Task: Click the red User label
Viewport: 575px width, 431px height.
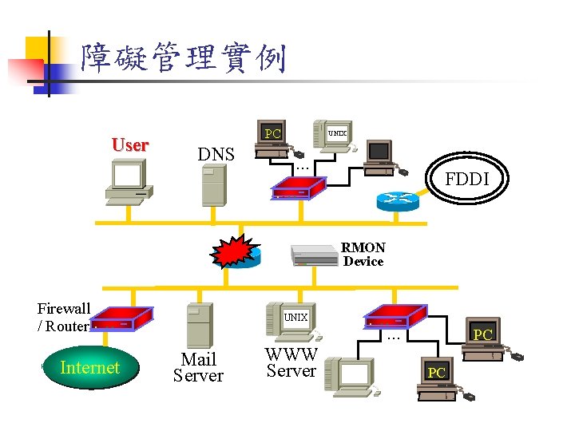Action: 129,145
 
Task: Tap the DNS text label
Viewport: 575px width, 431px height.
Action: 216,154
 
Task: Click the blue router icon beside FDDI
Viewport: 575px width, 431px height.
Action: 398,200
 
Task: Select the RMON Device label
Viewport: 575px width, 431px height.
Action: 363,255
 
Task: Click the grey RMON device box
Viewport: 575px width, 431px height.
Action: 315,255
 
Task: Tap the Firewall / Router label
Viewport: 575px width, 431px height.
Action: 64,317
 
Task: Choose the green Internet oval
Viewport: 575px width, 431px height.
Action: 89,368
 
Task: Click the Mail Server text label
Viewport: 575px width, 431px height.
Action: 198,367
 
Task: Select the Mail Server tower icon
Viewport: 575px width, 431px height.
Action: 199,325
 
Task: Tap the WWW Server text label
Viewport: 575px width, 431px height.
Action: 291,362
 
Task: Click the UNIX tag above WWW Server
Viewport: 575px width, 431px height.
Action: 296,317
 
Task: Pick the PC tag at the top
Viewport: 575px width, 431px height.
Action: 273,133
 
